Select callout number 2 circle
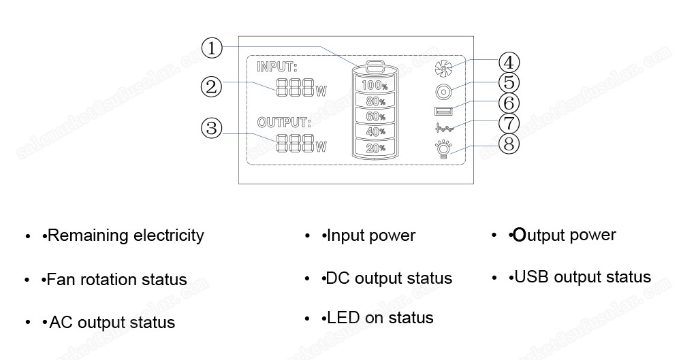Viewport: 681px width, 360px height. coord(212,86)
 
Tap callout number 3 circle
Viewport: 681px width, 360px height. coord(212,128)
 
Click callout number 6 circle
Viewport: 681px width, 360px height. coord(509,103)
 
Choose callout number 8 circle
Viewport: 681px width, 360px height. coord(509,144)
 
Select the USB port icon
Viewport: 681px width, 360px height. coord(442,111)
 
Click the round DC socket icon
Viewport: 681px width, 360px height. coord(443,91)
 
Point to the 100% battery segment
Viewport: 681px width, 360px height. coord(374,86)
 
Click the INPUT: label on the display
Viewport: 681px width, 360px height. coord(277,67)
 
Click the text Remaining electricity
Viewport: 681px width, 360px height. coord(125,235)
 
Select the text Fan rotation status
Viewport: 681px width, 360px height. coord(116,280)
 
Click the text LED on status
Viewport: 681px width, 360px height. coord(380,318)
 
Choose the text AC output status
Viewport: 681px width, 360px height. coord(112,322)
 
